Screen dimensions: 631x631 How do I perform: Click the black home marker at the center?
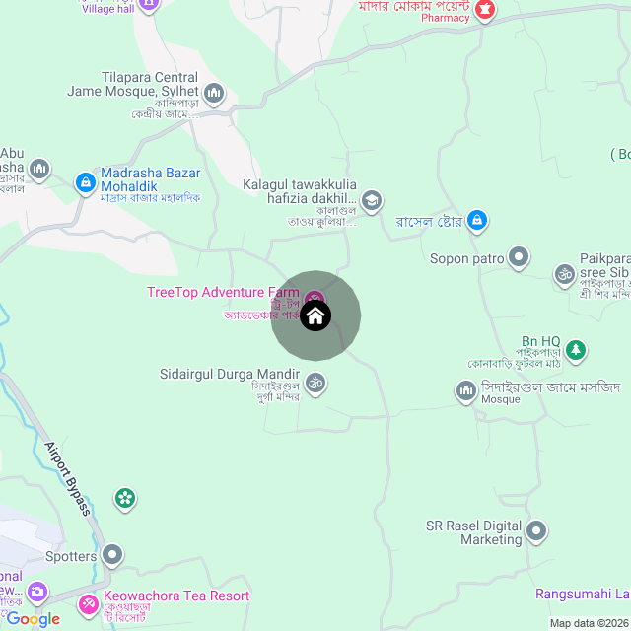point(315,316)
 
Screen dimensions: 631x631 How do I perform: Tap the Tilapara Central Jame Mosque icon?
point(214,95)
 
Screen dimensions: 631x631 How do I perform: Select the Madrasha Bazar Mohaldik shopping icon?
point(86,182)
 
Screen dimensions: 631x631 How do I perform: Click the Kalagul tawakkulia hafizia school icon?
point(372,201)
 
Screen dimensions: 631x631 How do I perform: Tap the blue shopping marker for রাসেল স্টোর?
point(477,219)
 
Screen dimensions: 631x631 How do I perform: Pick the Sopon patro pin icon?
point(519,259)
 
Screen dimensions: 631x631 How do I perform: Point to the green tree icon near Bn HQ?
point(577,350)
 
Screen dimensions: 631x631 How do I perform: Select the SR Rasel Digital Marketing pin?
point(537,532)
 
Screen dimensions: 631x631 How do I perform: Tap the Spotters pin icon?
point(113,556)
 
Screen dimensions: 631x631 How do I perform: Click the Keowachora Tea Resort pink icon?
point(90,602)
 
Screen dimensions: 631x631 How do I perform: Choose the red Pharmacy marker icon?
point(484,10)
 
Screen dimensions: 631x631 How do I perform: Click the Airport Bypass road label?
point(68,478)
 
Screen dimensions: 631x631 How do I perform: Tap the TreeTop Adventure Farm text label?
point(222,292)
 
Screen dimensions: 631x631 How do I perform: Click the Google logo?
point(33,619)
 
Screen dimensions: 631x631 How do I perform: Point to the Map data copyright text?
point(589,623)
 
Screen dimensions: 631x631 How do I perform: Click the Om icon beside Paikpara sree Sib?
point(564,272)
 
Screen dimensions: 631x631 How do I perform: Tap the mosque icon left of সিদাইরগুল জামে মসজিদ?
point(465,391)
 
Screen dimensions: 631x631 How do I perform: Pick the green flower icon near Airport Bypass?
point(125,499)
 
